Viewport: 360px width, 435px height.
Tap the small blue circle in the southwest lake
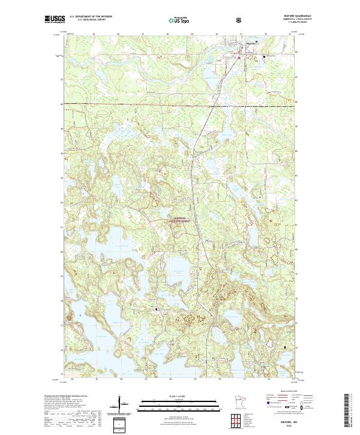(76, 314)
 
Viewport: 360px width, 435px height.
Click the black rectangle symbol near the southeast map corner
(285, 346)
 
